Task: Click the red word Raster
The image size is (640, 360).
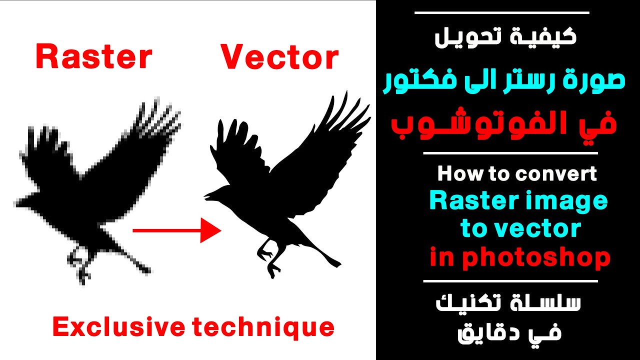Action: click(93, 57)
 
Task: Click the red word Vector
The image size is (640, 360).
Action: click(279, 57)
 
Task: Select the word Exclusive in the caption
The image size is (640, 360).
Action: click(118, 327)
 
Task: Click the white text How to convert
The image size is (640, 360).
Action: click(517, 174)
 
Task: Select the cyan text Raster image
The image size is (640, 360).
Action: click(518, 201)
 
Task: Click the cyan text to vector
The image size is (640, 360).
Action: click(520, 229)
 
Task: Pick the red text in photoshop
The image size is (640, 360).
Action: click(520, 258)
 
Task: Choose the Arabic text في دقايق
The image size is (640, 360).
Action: click(510, 333)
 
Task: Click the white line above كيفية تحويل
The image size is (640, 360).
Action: click(502, 12)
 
